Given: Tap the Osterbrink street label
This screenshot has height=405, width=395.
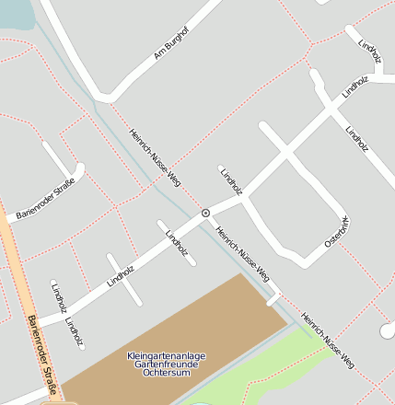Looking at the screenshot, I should [x=338, y=230].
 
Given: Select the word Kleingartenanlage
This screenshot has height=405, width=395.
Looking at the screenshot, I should [x=167, y=355].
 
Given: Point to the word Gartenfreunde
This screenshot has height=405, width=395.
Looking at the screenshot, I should [x=167, y=364].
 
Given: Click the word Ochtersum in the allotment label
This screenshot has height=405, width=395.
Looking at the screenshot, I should [x=166, y=374].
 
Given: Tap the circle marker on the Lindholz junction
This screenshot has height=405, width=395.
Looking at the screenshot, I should [x=205, y=213].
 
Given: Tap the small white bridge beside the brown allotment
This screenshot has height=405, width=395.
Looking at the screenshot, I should [x=273, y=298].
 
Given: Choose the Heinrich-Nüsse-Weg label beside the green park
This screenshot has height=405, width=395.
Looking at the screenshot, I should [x=328, y=339].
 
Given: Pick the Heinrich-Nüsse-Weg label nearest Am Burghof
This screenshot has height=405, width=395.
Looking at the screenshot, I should [x=154, y=156].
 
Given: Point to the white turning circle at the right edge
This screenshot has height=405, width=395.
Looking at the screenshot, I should [x=388, y=330].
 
